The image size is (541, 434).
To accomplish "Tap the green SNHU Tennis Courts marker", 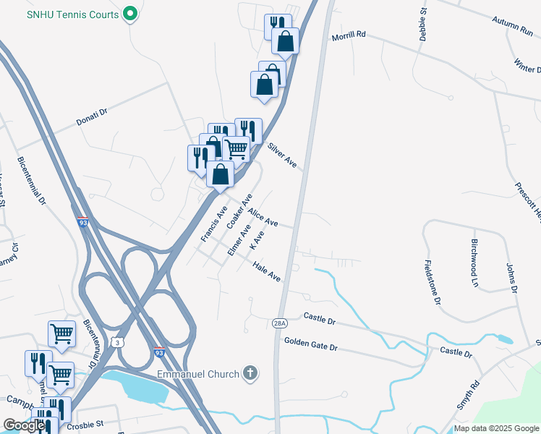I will pyautogui.click(x=130, y=14).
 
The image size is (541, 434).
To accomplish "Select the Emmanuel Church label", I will pyautogui.click(x=198, y=374).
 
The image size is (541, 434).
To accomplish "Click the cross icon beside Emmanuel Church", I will pyautogui.click(x=250, y=374).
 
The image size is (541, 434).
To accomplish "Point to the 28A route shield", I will pyautogui.click(x=281, y=323).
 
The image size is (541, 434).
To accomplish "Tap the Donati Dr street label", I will pyautogui.click(x=93, y=117).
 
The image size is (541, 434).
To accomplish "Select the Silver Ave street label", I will pyautogui.click(x=282, y=155).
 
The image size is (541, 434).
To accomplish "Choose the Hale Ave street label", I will pyautogui.click(x=266, y=272).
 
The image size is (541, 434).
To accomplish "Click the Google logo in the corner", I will pyautogui.click(x=25, y=425).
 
